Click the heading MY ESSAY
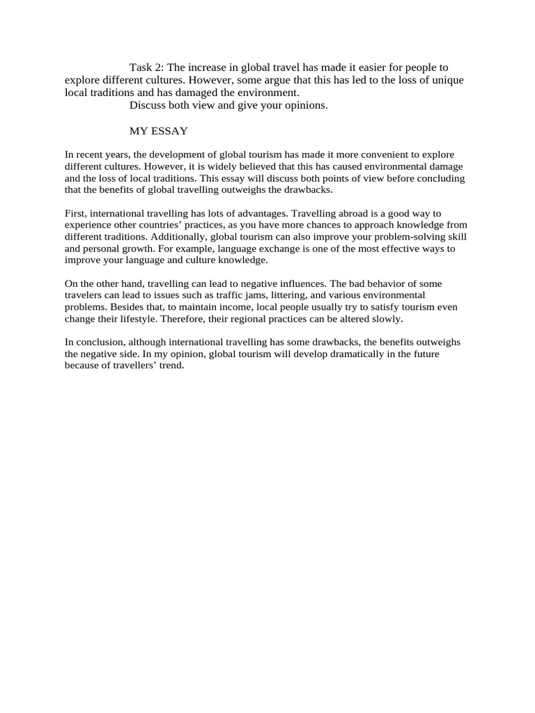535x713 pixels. [159, 131]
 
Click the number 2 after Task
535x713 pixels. [159, 68]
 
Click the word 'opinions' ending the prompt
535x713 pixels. [306, 105]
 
